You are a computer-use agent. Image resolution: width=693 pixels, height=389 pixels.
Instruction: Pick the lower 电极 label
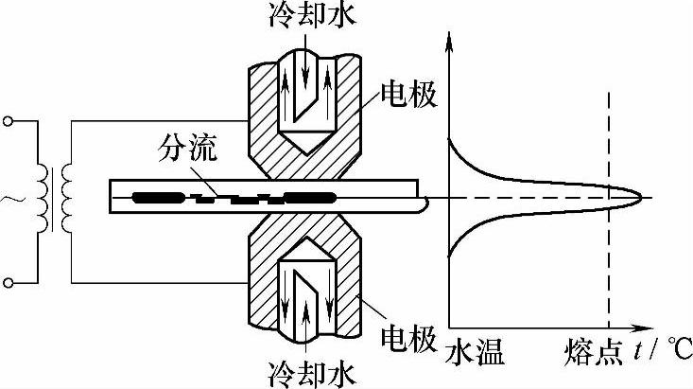point(407,336)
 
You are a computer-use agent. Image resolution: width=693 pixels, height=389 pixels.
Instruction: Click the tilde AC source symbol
point(12,200)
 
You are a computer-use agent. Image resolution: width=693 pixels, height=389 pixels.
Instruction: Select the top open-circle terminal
point(9,121)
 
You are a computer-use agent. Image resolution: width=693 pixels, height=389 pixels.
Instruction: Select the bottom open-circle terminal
point(9,281)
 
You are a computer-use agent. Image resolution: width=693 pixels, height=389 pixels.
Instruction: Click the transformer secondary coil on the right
point(66,199)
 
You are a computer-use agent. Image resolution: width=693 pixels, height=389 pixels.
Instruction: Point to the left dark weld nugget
point(160,198)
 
